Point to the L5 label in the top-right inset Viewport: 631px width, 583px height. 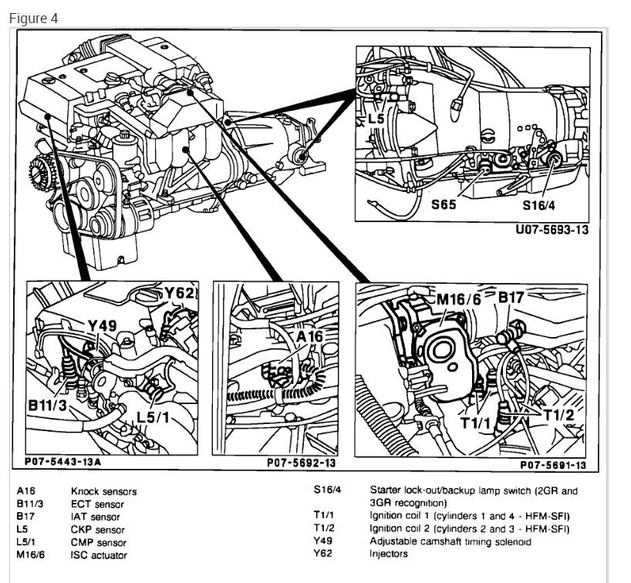coord(376,119)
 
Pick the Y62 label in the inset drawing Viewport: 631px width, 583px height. coord(180,294)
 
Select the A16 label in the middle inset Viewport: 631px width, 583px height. coord(306,336)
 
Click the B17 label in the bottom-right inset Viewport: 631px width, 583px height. coord(511,297)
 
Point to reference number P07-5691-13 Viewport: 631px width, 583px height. coord(553,465)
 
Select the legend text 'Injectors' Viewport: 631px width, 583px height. coord(389,554)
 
